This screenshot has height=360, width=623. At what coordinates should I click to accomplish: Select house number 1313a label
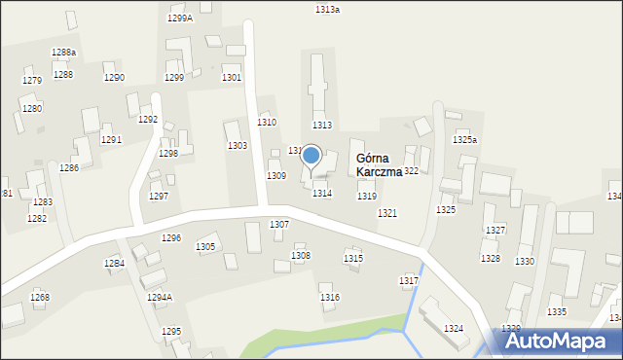click(x=328, y=9)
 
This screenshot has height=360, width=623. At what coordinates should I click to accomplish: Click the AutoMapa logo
click(x=563, y=341)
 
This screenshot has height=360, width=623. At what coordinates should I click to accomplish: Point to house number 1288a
click(x=64, y=52)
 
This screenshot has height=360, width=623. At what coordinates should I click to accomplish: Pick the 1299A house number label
click(x=180, y=18)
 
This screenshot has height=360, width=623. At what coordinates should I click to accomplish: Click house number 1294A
click(x=160, y=297)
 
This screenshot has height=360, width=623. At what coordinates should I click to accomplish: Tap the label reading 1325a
click(x=465, y=140)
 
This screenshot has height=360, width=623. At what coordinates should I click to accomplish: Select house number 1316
click(x=330, y=297)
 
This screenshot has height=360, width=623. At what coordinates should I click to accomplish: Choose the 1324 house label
click(x=454, y=329)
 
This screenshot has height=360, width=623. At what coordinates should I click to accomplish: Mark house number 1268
click(x=40, y=297)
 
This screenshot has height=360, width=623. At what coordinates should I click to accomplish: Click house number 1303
click(x=238, y=145)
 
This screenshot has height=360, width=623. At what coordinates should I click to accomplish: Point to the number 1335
click(x=557, y=311)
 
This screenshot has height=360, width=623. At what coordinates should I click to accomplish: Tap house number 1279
click(x=32, y=81)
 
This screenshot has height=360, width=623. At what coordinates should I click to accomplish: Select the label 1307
click(x=279, y=225)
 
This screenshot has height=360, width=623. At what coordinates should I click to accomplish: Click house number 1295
click(x=171, y=332)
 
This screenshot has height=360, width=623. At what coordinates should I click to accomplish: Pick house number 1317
click(x=409, y=280)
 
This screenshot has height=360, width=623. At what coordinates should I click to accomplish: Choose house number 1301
click(x=232, y=77)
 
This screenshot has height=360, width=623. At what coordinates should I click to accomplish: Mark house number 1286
click(x=69, y=168)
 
